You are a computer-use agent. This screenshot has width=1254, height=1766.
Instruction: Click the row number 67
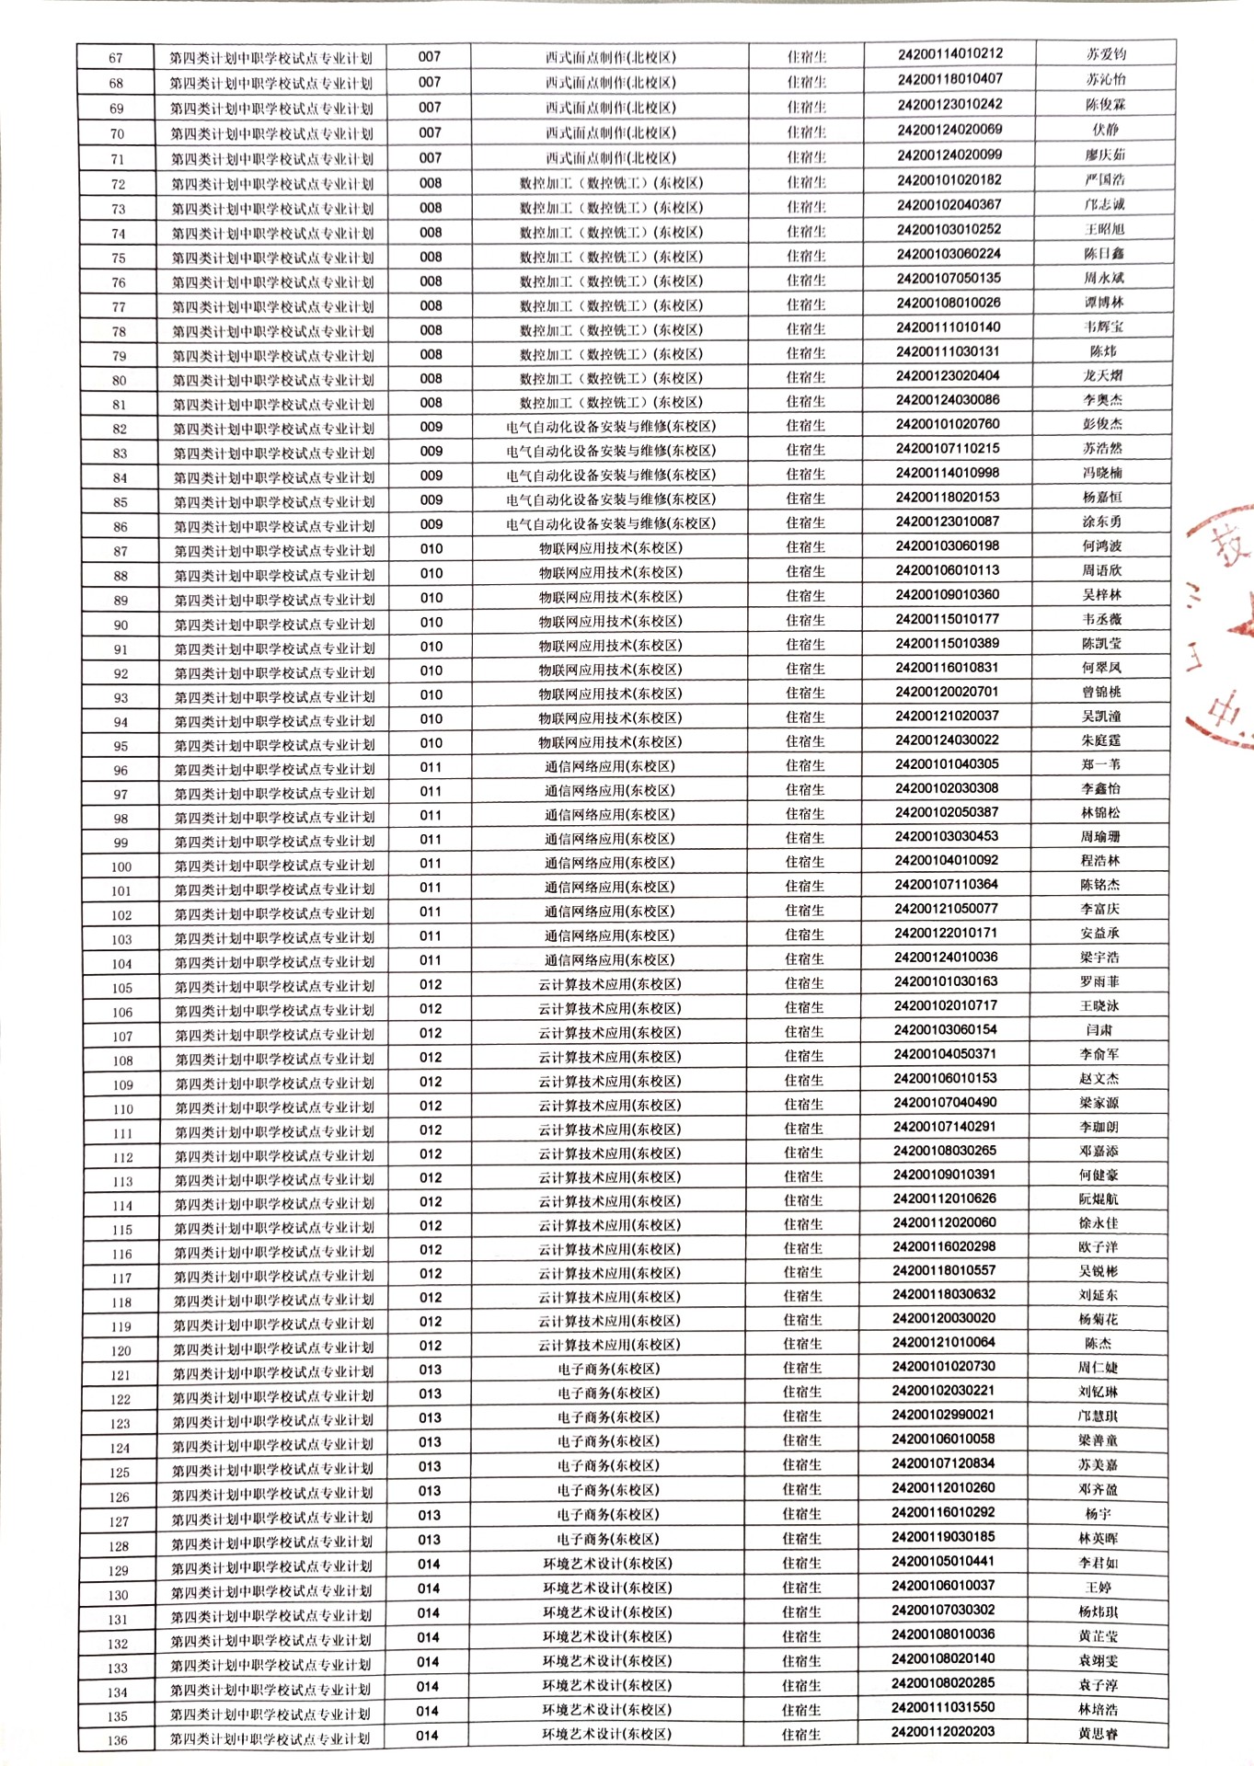(116, 58)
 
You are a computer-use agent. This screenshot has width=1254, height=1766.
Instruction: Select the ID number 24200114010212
(950, 54)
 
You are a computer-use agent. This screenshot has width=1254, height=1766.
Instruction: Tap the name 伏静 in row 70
(1105, 130)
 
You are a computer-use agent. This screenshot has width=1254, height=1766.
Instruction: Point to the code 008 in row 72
(430, 183)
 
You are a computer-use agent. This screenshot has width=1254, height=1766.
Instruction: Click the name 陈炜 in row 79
(1103, 351)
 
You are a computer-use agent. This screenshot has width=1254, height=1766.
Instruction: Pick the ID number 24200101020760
(948, 424)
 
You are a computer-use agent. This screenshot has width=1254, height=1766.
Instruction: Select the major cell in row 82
(610, 427)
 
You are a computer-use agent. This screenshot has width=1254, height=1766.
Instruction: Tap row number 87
(121, 551)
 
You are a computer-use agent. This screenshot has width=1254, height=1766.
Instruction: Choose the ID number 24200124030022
(947, 740)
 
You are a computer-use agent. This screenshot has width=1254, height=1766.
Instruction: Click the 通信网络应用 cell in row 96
(609, 766)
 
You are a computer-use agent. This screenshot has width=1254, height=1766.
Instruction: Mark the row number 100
(121, 866)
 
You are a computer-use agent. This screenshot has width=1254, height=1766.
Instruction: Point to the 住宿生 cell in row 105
(804, 983)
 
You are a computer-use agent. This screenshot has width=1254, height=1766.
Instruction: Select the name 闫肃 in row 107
(1099, 1030)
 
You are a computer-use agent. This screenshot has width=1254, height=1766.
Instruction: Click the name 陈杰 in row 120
(1099, 1343)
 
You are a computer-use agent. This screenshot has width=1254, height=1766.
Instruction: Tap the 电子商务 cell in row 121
(608, 1369)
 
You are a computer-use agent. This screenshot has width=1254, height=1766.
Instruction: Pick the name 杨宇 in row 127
(1098, 1514)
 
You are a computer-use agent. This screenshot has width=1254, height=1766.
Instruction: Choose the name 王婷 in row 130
(1098, 1587)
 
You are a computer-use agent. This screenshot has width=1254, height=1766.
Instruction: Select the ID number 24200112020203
(943, 1731)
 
